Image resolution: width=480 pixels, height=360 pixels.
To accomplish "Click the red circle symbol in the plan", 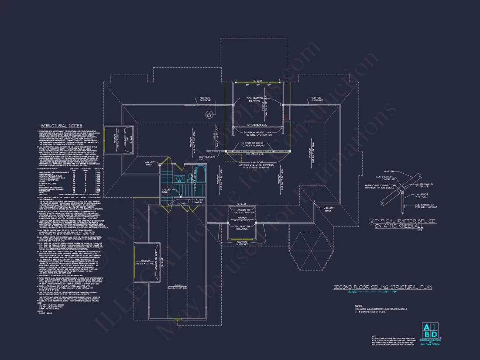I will tap(287, 117).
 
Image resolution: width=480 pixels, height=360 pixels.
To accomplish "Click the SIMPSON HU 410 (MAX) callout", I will tap(255, 133).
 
